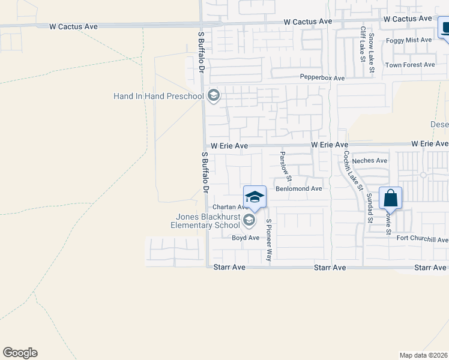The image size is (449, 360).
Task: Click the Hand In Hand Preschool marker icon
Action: click(x=213, y=95)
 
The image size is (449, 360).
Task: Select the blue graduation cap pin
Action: click(x=255, y=197)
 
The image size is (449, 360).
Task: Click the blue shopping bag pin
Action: click(x=390, y=198)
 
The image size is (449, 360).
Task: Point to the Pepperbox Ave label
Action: click(x=322, y=78)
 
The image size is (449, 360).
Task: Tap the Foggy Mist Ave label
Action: click(x=409, y=40)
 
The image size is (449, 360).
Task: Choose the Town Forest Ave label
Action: click(x=410, y=65)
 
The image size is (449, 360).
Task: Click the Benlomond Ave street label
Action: click(x=299, y=188)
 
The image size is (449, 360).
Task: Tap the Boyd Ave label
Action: click(x=246, y=238)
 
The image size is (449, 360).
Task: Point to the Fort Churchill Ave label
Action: click(x=423, y=239)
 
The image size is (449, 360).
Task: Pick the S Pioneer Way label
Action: click(x=269, y=240)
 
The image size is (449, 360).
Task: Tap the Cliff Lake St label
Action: click(x=363, y=44)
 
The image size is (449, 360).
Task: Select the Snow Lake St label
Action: click(x=372, y=53)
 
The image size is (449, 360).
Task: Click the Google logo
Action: click(x=20, y=353)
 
